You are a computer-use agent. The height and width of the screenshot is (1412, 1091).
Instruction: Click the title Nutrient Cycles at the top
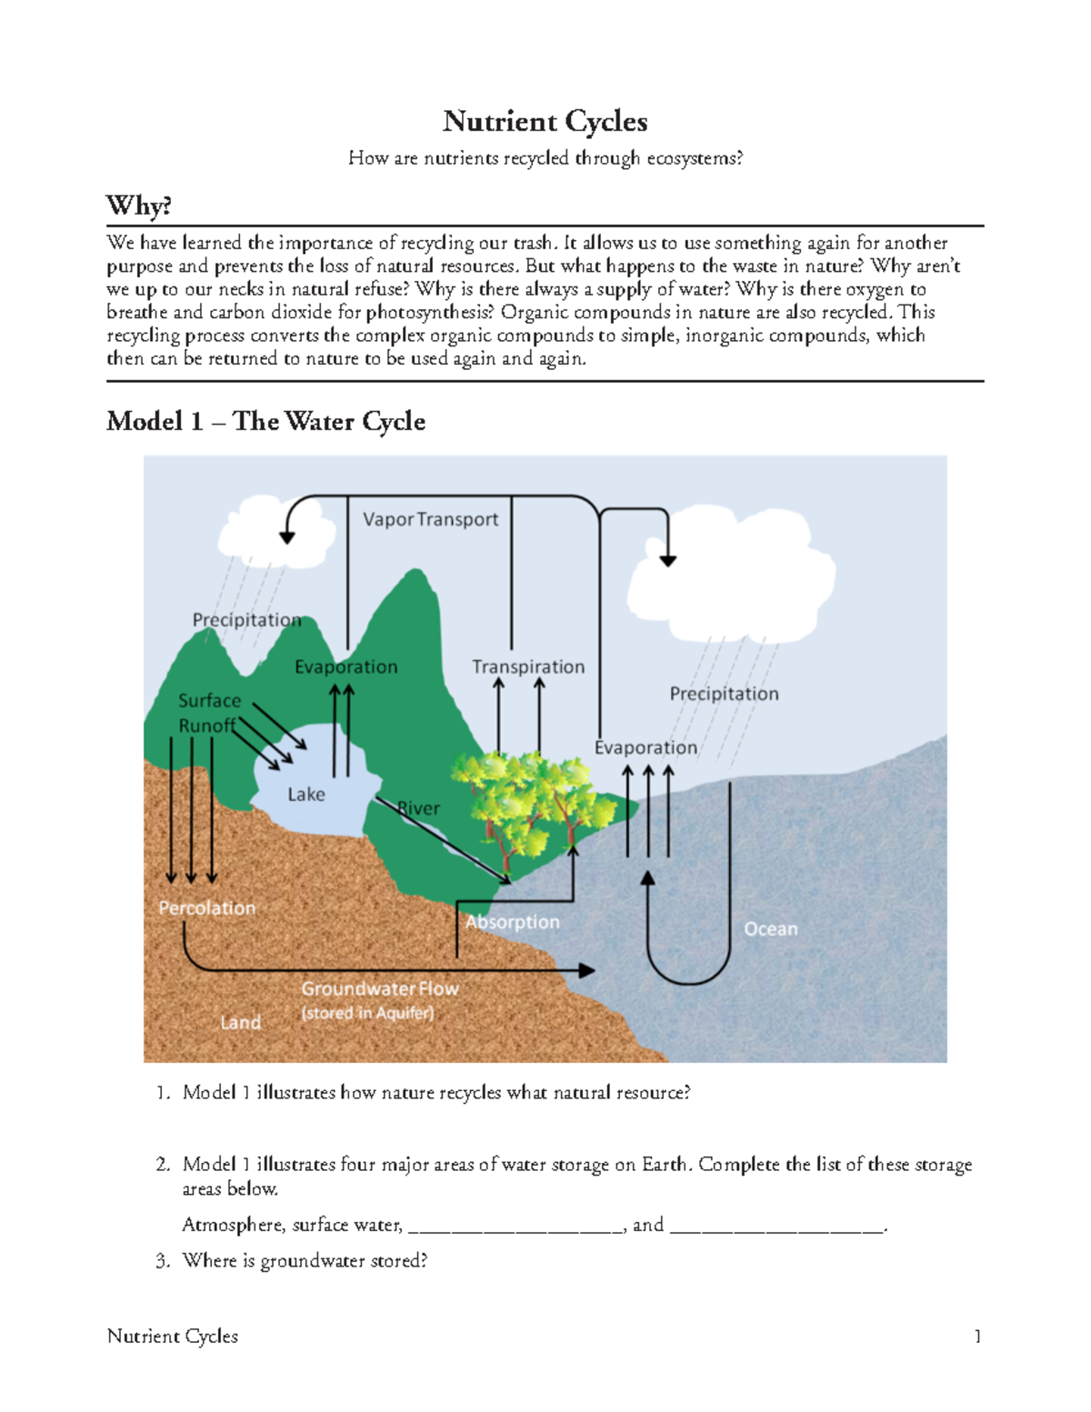[545, 121]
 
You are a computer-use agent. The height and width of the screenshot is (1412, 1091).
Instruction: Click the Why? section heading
[139, 205]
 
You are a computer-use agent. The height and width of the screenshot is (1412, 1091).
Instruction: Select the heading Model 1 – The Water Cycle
[265, 421]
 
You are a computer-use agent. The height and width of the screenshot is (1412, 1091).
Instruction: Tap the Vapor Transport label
[430, 519]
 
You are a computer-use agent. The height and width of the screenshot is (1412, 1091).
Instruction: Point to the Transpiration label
[528, 666]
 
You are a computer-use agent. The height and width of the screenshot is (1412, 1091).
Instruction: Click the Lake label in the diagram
[306, 794]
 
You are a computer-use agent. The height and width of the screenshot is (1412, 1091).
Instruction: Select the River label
[420, 808]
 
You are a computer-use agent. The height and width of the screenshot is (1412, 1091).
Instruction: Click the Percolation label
[207, 907]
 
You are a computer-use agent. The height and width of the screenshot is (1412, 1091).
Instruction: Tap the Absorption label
[513, 922]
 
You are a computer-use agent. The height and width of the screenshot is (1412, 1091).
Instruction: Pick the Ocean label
[770, 928]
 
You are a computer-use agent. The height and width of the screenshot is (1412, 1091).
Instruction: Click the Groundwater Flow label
[380, 988]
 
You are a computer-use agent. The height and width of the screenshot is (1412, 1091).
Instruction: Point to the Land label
[240, 1022]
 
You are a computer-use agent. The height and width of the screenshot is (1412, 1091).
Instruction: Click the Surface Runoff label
[208, 713]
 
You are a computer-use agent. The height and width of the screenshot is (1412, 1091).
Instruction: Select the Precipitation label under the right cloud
[724, 694]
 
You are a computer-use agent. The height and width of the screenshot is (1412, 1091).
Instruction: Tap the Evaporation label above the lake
[345, 666]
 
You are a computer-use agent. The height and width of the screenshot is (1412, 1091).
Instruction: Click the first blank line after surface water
[515, 1226]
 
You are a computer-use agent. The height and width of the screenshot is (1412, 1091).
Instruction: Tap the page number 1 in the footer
[977, 1336]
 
